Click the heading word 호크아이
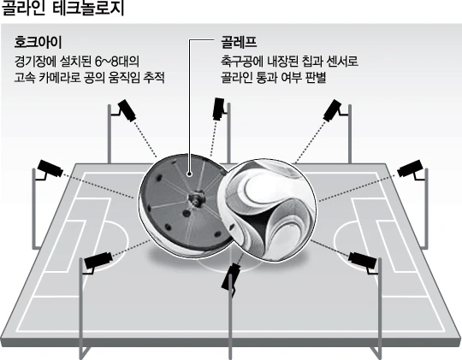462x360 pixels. point(38,43)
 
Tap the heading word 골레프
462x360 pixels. point(239,43)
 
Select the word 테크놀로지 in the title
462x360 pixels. point(89,9)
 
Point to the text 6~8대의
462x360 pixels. point(117,62)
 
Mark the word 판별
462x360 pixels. point(316,78)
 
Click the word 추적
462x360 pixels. point(154,78)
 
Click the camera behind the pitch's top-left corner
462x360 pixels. point(127,110)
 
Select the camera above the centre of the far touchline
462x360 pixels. point(219,109)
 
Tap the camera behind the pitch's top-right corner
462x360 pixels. point(332,110)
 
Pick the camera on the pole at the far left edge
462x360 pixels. point(50,168)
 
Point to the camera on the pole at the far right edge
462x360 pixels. point(411,168)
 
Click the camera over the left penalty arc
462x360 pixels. point(98,260)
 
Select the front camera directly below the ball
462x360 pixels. point(230,277)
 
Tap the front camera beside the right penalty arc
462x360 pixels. point(363,260)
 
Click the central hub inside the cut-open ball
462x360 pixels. point(196,198)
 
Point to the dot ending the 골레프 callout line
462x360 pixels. point(189,174)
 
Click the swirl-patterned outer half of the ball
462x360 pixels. point(267,210)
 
